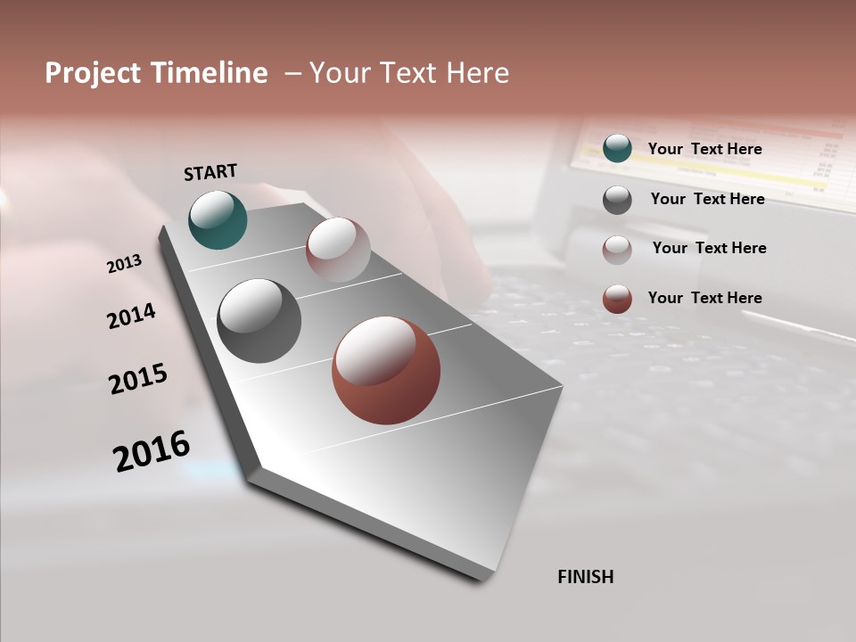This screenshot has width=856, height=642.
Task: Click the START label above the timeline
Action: [x=210, y=172]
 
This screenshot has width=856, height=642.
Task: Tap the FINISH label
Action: [x=585, y=577]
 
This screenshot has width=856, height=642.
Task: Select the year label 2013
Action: [x=124, y=264]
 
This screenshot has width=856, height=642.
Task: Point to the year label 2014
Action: [x=131, y=316]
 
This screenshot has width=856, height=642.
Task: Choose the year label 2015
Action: [x=138, y=379]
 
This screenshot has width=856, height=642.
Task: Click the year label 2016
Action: [x=152, y=450]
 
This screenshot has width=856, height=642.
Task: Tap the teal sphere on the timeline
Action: [x=218, y=219]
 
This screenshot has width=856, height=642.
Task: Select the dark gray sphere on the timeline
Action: [x=259, y=321]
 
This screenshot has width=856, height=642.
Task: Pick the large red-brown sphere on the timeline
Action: [x=386, y=370]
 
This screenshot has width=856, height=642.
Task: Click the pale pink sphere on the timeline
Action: [x=338, y=250]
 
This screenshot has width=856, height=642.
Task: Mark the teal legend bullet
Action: [x=617, y=148]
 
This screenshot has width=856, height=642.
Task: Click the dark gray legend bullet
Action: [x=617, y=199]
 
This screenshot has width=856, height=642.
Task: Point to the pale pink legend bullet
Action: [x=617, y=249]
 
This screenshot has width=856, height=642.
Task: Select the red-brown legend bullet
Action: [x=617, y=299]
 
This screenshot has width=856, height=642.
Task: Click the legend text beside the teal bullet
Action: [x=704, y=149]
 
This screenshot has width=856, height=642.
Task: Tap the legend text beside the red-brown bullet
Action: [x=704, y=298]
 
